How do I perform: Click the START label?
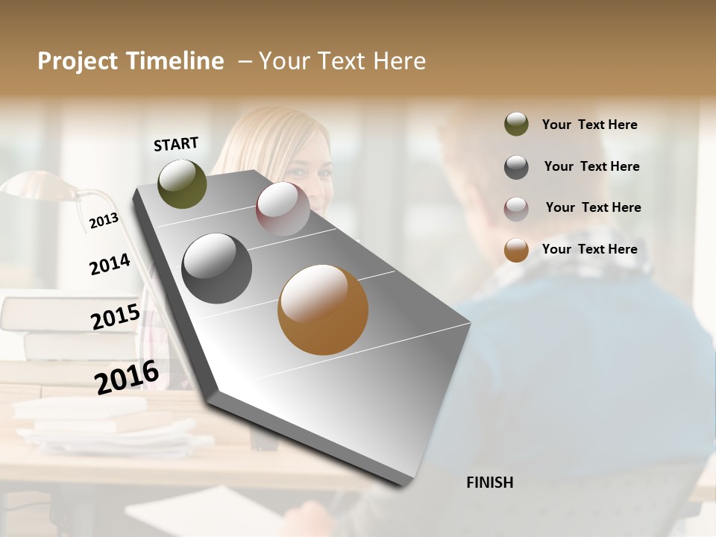click(176, 144)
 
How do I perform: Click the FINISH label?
click(489, 483)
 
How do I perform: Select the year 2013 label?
click(104, 221)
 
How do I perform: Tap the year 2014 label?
click(110, 264)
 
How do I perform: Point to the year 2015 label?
click(116, 317)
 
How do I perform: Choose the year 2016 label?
click(127, 377)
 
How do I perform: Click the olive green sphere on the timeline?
click(182, 183)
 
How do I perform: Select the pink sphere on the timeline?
click(283, 209)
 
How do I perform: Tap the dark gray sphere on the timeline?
click(216, 268)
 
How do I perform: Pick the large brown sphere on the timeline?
click(323, 310)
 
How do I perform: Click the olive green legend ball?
click(516, 125)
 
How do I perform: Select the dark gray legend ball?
click(516, 167)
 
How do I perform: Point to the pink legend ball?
click(516, 209)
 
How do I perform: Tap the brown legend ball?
click(516, 250)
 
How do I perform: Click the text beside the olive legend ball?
click(589, 125)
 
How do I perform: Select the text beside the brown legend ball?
click(589, 249)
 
